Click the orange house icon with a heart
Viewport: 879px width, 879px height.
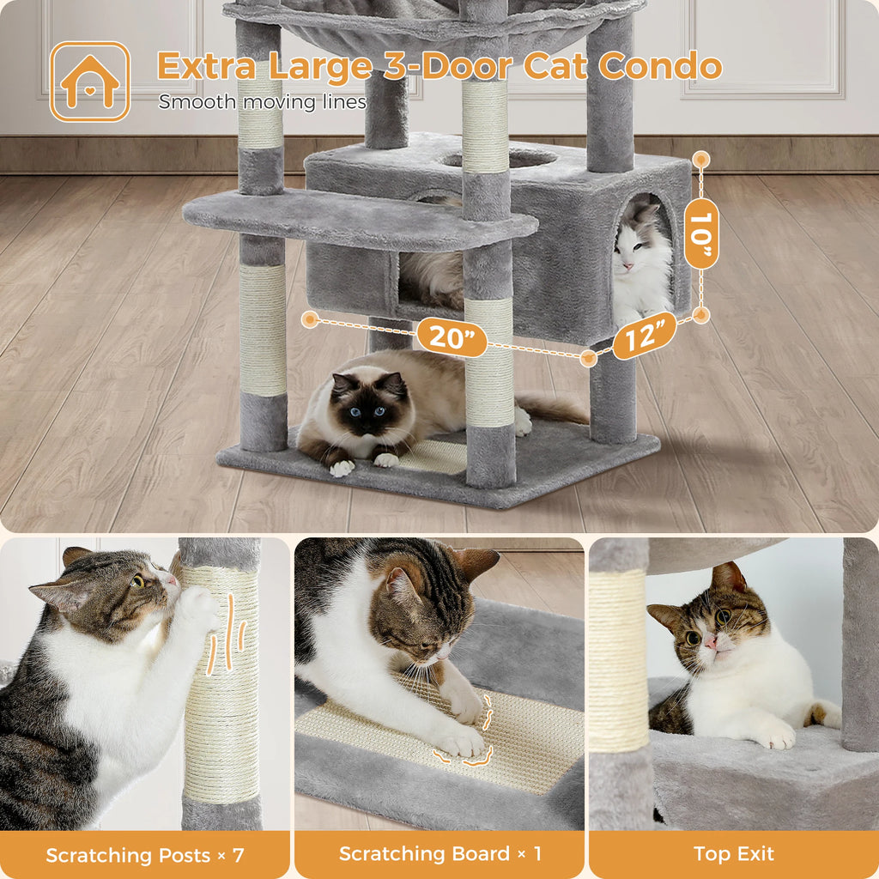[90, 82]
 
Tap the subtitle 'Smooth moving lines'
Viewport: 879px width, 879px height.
[262, 102]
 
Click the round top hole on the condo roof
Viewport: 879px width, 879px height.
[498, 158]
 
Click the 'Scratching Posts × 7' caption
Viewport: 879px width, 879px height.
[145, 855]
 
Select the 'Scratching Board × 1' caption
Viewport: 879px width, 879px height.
[439, 854]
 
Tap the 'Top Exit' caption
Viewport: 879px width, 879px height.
[734, 854]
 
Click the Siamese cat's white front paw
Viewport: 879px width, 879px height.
[342, 468]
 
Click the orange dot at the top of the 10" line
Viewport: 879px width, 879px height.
[701, 159]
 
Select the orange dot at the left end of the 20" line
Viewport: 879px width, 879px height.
[311, 319]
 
